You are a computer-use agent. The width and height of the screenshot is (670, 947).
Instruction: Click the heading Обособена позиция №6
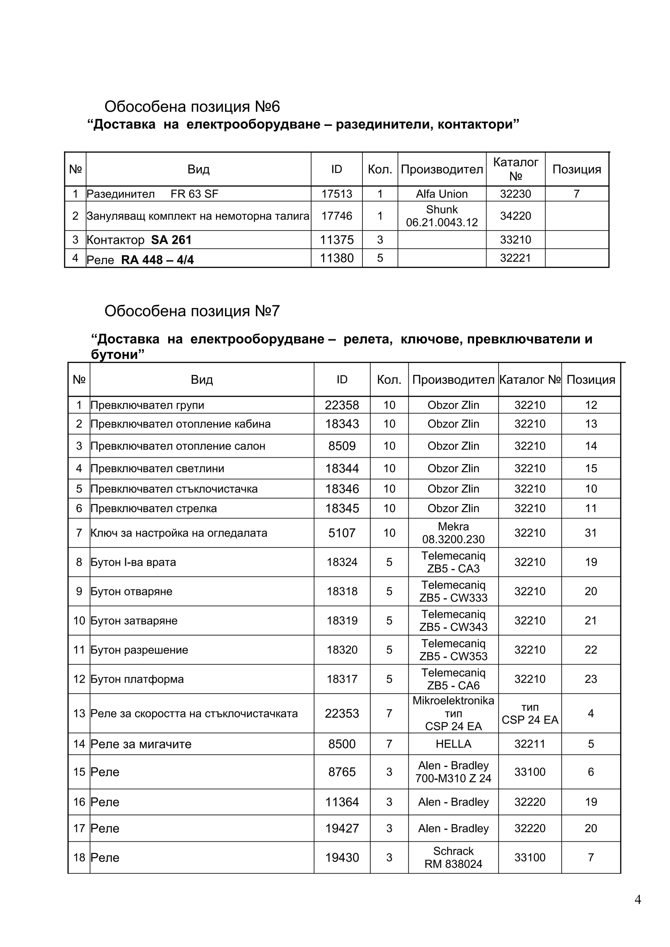tap(192, 107)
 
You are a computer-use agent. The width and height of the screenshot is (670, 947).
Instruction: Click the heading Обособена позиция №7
tap(192, 311)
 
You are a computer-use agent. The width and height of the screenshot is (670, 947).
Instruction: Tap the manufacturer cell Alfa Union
tap(442, 194)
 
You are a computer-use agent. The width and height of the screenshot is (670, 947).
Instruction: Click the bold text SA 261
tap(171, 240)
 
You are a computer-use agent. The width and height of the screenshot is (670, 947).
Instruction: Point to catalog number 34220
tap(515, 216)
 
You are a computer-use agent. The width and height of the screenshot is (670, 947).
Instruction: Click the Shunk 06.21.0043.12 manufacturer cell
tap(442, 216)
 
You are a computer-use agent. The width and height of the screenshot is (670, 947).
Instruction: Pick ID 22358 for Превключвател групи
tap(342, 405)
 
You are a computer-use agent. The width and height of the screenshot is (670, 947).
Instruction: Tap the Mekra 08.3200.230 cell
tap(453, 533)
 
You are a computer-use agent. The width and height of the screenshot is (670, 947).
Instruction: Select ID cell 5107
tap(342, 533)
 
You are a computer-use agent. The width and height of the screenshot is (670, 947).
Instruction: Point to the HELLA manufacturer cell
tap(453, 744)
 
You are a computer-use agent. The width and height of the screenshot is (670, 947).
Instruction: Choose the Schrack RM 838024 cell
tap(453, 857)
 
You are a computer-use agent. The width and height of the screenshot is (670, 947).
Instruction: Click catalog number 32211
tap(530, 744)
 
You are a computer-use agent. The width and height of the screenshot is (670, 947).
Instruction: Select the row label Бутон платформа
tap(137, 679)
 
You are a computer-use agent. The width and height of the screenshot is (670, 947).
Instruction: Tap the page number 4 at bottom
tap(637, 900)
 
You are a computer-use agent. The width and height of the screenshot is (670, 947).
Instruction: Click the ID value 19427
tap(342, 828)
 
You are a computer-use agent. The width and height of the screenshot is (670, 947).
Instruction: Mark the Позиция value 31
tap(591, 533)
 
